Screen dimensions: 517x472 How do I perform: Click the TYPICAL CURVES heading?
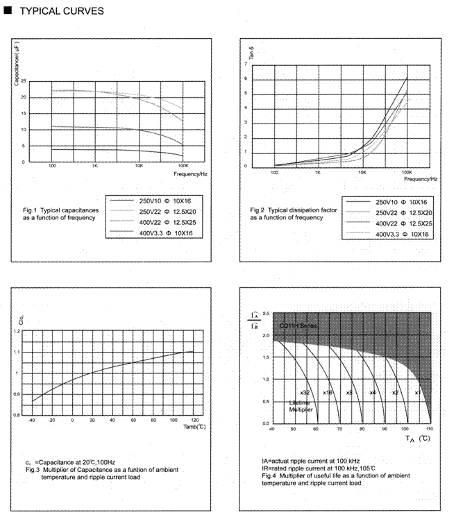coord(61,11)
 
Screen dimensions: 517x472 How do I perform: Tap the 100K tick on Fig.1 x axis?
coord(184,167)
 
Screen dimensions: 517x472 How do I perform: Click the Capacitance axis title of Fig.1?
coord(16,62)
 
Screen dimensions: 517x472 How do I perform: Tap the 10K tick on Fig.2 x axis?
coord(363,171)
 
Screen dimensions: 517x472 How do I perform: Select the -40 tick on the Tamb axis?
coord(31,421)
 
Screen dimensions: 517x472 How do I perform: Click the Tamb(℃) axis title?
coord(194,427)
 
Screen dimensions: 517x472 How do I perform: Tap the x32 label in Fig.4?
coord(305,393)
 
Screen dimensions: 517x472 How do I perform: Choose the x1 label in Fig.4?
coord(417,393)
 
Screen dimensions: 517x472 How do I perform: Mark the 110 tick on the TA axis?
coord(430,430)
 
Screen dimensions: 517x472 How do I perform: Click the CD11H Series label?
coord(298,326)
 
